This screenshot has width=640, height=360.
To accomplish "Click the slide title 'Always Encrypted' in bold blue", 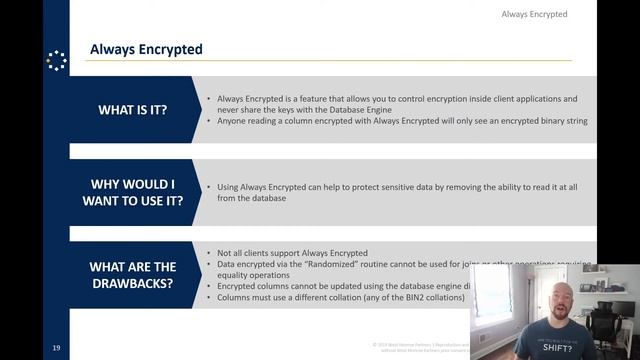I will point(146,48).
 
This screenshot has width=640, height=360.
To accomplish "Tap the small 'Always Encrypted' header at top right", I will point(534,14).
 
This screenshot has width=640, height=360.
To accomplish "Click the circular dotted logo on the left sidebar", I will point(56,61).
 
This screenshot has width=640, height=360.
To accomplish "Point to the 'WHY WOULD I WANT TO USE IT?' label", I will point(132,188).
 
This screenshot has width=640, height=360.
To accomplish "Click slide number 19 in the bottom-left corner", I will point(57,347).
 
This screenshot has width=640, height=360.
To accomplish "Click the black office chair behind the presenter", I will point(610,320).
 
